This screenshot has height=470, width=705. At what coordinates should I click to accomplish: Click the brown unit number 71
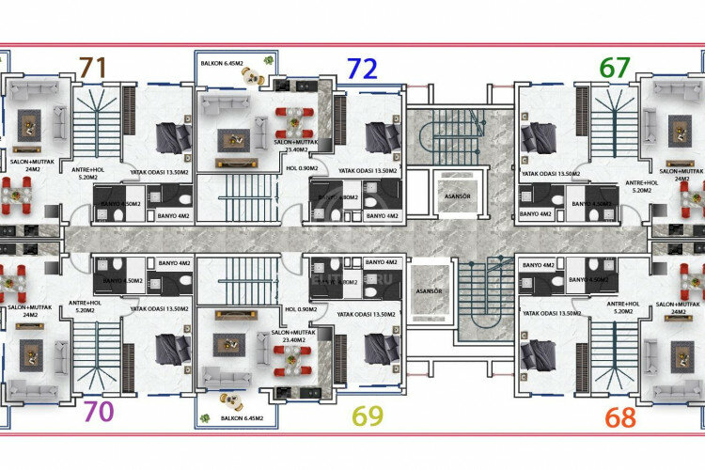click(92, 68)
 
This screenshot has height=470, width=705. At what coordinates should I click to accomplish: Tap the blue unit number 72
click(363, 68)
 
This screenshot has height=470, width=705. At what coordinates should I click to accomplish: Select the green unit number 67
click(616, 68)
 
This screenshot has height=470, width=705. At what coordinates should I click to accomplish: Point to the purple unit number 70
click(99, 412)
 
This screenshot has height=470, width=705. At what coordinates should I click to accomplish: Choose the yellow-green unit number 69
click(367, 415)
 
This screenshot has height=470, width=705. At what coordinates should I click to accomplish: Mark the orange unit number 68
click(619, 415)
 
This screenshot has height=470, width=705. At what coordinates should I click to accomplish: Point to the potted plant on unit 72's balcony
click(271, 60)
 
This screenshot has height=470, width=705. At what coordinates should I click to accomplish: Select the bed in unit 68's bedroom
click(538, 356)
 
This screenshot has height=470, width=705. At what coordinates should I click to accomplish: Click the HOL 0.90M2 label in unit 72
click(301, 170)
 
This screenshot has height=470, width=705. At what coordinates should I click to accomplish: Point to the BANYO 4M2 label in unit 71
click(175, 216)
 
